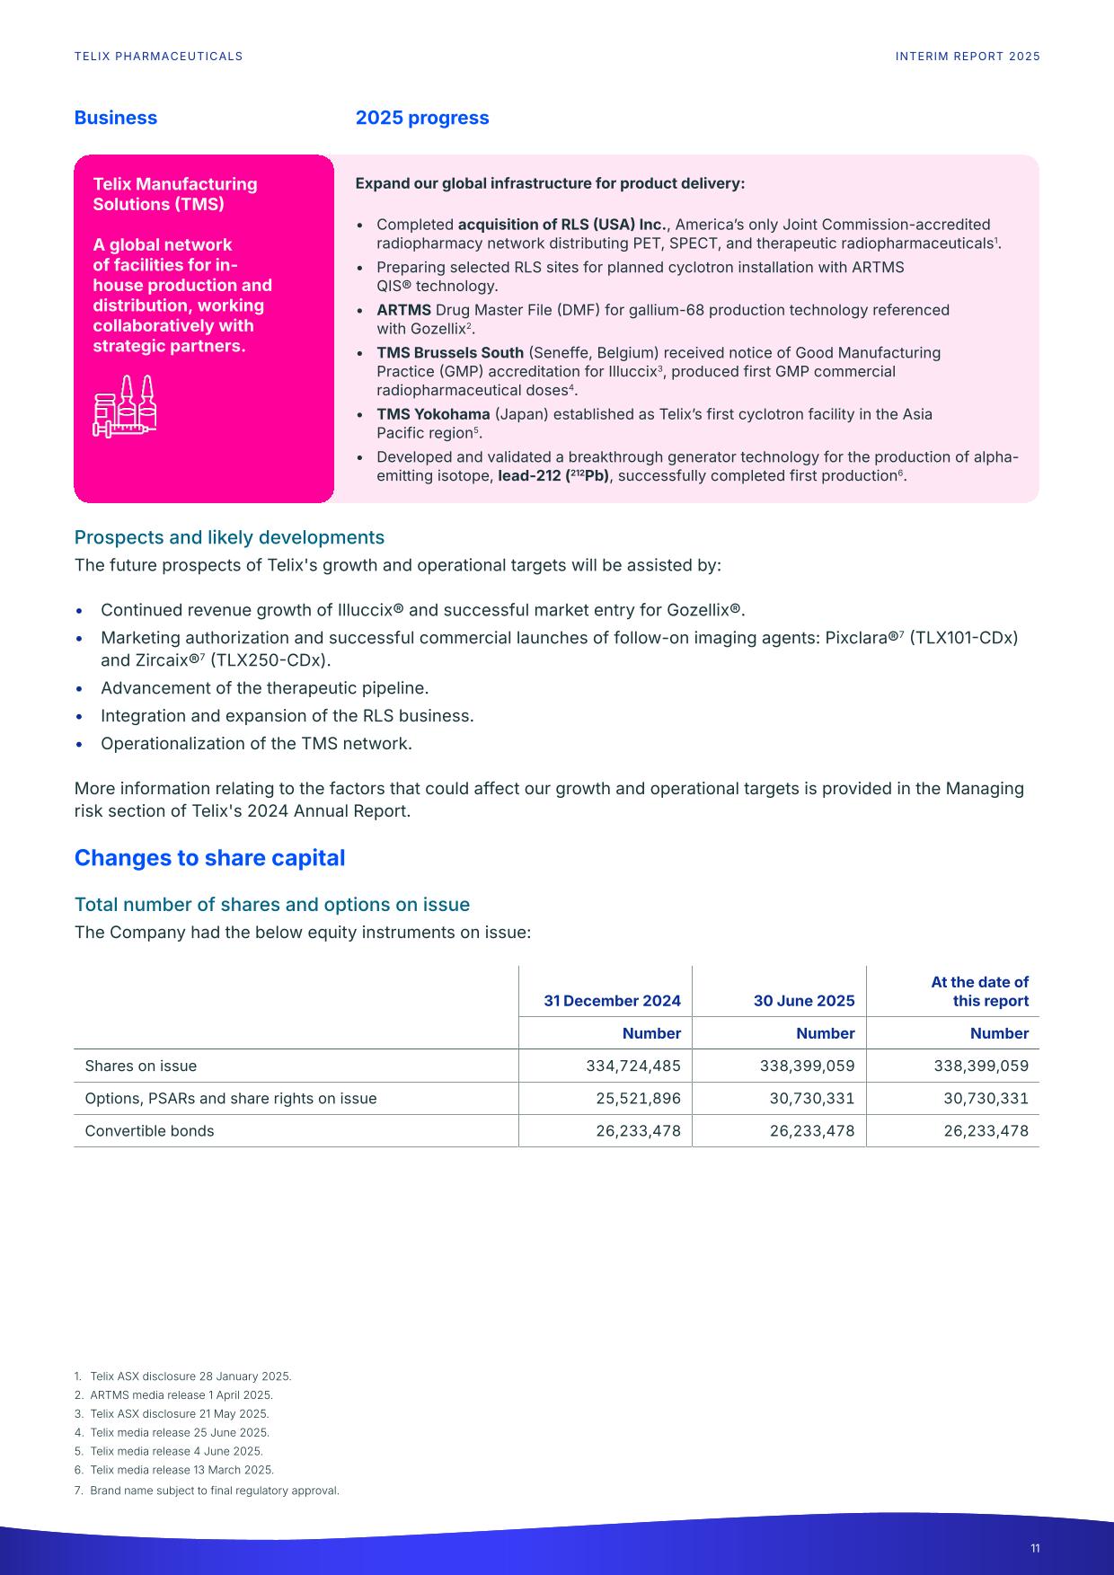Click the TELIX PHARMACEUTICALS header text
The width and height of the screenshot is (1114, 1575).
point(158,56)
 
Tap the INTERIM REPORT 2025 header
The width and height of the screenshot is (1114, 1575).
point(968,56)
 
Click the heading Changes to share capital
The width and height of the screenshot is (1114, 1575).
point(209,858)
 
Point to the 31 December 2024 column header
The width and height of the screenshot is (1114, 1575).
point(612,1001)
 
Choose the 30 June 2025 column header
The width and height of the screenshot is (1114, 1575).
point(803,1001)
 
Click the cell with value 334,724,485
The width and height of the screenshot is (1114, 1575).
point(632,1066)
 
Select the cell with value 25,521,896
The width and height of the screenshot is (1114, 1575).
point(638,1098)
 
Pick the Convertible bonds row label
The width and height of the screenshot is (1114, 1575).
point(149,1130)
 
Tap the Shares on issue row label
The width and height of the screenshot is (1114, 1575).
point(140,1066)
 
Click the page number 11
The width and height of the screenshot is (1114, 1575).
point(1035,1548)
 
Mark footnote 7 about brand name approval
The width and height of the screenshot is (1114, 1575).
point(214,1491)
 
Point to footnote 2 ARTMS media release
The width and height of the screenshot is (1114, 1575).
point(181,1395)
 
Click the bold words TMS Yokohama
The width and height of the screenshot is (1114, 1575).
point(433,414)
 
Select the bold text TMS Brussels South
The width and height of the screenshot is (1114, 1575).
point(449,352)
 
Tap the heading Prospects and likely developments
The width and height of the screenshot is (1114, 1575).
point(229,537)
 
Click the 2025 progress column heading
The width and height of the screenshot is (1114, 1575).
point(422,118)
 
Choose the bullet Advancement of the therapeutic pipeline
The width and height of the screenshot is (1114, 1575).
point(264,688)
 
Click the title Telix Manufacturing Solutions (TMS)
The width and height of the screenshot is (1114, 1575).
point(174,194)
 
